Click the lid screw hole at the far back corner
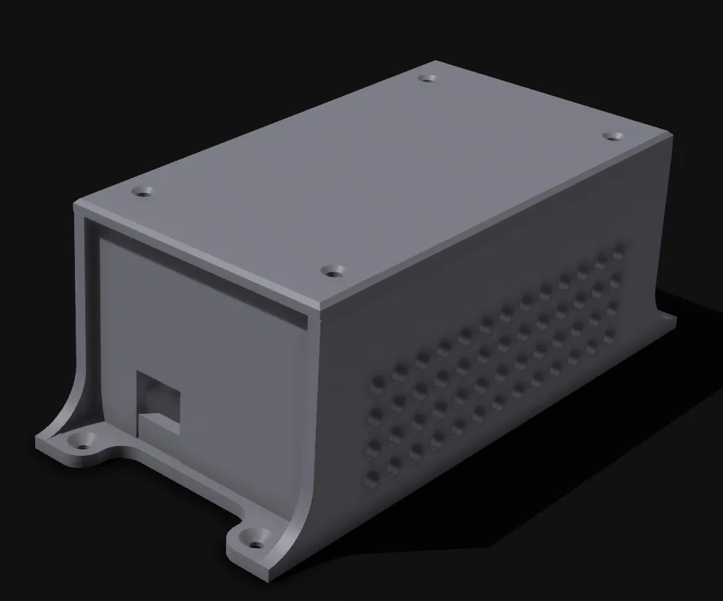click(427, 78)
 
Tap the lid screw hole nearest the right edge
click(613, 136)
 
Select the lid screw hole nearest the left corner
click(141, 192)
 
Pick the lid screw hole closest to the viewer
click(332, 269)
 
